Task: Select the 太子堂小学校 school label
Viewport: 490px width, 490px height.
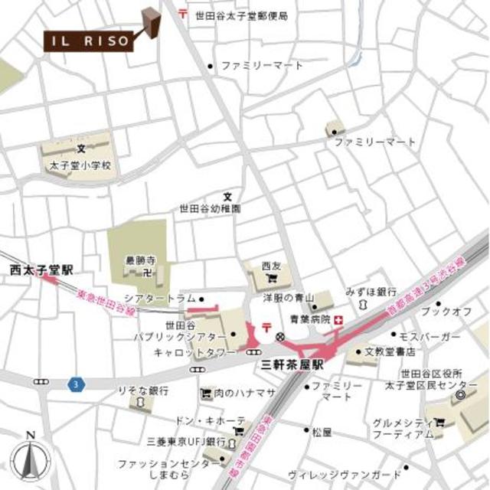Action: tap(80, 165)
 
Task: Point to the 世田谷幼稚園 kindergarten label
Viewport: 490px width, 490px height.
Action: tap(210, 207)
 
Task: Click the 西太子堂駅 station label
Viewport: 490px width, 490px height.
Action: tap(41, 270)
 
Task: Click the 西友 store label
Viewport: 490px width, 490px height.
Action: tap(271, 266)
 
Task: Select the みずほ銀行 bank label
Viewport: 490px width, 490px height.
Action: tap(370, 292)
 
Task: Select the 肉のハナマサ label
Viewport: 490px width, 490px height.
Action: tap(243, 394)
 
